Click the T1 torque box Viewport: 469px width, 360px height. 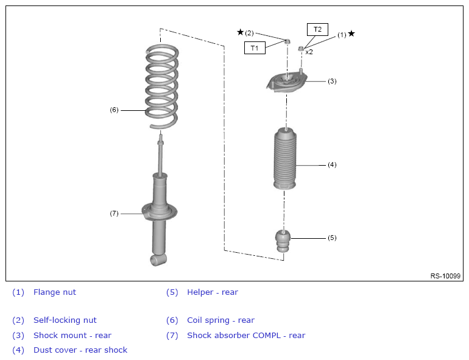[x=255, y=48]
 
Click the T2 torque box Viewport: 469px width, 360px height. [x=317, y=29]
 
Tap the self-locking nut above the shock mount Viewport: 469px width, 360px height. [x=287, y=41]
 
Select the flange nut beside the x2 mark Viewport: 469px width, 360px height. [x=301, y=49]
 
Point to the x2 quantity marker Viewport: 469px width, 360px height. [x=309, y=52]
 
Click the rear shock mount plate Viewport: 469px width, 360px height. [x=286, y=82]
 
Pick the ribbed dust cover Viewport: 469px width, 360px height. [x=285, y=158]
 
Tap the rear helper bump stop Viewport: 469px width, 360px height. [x=283, y=241]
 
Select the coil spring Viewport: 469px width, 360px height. [x=161, y=86]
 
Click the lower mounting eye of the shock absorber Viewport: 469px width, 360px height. [x=158, y=259]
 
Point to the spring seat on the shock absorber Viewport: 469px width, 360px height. [x=160, y=212]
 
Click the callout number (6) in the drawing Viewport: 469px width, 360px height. [x=114, y=110]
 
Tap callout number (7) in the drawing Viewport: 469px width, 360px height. [x=114, y=213]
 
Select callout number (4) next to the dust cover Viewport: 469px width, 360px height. [x=332, y=164]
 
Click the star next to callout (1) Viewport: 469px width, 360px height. [x=351, y=34]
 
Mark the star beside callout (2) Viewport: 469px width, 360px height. [x=240, y=32]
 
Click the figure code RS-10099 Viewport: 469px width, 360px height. [x=445, y=276]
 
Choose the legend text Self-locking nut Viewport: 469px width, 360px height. [x=65, y=320]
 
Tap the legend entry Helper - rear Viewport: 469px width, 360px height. [x=213, y=292]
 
